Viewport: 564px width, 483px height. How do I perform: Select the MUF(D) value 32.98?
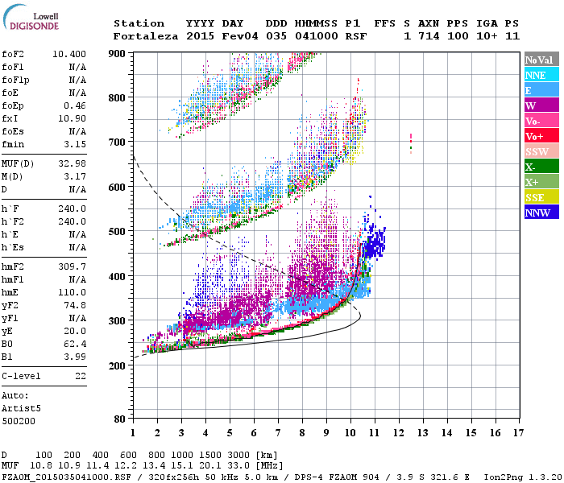click(73, 164)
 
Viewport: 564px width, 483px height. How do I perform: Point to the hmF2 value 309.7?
click(73, 266)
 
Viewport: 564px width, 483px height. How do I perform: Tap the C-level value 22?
click(80, 376)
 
